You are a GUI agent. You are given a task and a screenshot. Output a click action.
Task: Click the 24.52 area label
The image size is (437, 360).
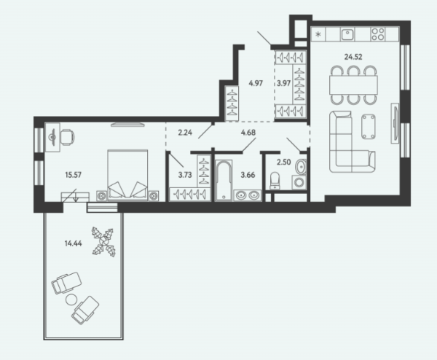click(353, 57)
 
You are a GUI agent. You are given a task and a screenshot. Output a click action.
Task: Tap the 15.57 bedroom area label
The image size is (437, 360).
click(74, 175)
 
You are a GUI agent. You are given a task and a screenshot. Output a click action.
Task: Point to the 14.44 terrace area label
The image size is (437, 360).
click(74, 243)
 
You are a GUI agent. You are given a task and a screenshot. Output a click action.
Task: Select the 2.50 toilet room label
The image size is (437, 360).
click(284, 162)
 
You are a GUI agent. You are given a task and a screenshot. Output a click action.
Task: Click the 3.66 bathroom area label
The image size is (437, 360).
click(248, 175)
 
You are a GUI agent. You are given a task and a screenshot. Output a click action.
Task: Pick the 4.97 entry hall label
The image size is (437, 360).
click(256, 83)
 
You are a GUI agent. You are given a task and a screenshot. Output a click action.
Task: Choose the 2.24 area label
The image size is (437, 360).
click(185, 132)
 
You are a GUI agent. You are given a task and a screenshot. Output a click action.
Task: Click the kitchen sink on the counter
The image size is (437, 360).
click(347, 34)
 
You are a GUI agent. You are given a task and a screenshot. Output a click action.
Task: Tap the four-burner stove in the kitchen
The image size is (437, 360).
click(378, 34)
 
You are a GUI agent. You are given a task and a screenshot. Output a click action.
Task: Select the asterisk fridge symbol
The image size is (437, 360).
click(318, 35)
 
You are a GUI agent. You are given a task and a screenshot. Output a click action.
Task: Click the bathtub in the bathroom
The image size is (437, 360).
click(224, 180)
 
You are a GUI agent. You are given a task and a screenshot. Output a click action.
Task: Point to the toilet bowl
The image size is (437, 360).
click(275, 181)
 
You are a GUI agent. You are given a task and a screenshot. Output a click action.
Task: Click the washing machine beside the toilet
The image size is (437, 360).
click(299, 183)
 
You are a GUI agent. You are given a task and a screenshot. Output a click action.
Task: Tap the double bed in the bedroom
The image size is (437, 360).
click(127, 175)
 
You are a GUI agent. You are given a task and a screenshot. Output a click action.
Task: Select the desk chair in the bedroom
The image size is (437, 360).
click(67, 137)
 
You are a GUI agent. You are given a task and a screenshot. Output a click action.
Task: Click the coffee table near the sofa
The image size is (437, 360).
click(369, 127)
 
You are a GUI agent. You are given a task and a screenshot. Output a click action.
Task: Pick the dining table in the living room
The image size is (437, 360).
click(353, 85)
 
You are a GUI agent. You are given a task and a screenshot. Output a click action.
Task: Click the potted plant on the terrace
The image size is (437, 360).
click(103, 241)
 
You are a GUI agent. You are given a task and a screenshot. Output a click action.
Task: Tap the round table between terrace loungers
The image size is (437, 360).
click(71, 300)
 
